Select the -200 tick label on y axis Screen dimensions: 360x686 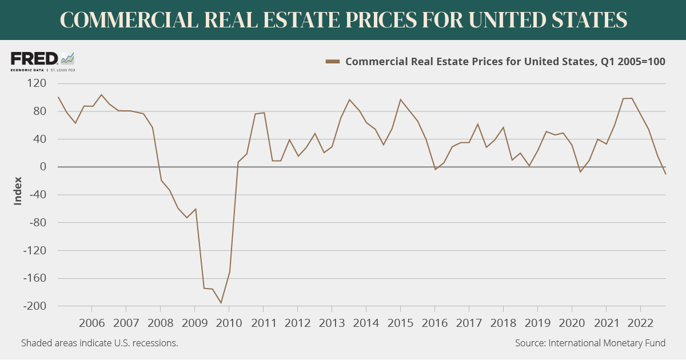(x=33, y=307)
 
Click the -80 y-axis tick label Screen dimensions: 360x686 (x=35, y=223)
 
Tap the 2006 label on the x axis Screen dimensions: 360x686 (x=92, y=323)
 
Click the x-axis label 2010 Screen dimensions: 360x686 (x=229, y=323)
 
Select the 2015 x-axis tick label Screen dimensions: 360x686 (x=400, y=323)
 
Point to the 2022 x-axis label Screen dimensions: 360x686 (x=640, y=323)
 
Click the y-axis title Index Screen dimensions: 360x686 (x=18, y=191)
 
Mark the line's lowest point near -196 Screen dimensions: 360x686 (x=221, y=303)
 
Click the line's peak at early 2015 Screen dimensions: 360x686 (x=400, y=99)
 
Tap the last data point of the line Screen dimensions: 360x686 (x=665, y=174)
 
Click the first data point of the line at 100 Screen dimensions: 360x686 (x=58, y=97)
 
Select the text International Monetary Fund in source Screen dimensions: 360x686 (x=607, y=343)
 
